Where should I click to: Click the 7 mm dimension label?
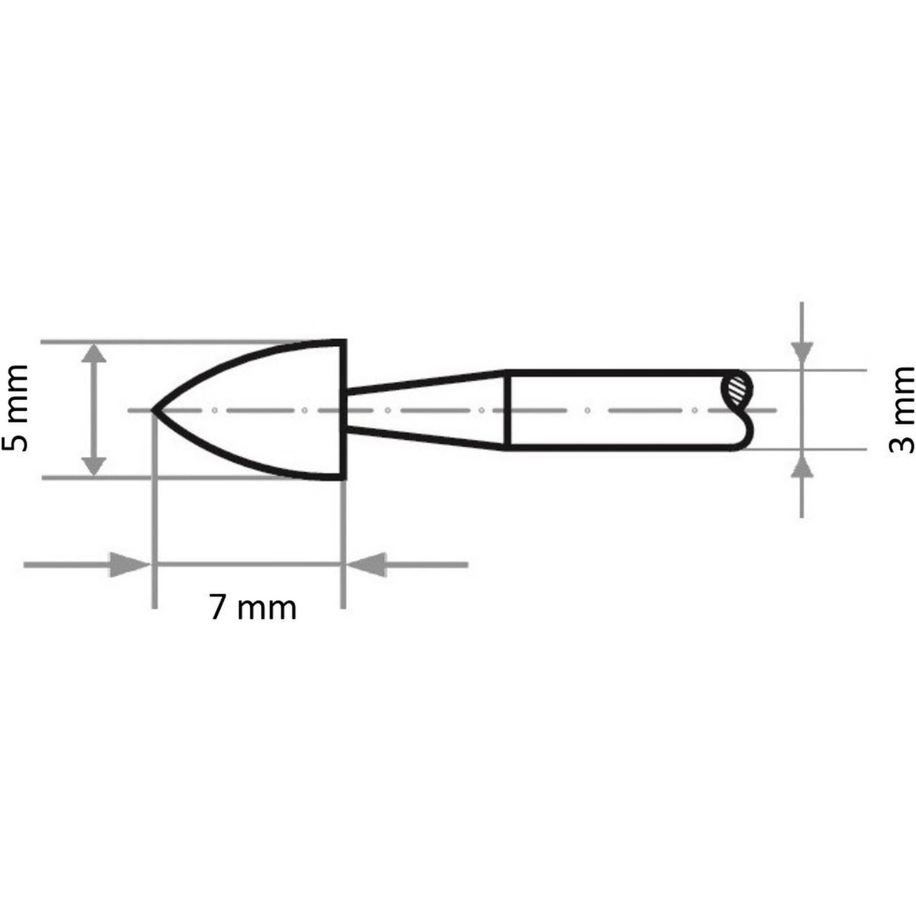253,608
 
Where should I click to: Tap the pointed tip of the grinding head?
153,410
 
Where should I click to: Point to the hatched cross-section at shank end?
736,390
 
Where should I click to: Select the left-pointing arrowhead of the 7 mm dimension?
366,565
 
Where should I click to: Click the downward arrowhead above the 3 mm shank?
802,354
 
